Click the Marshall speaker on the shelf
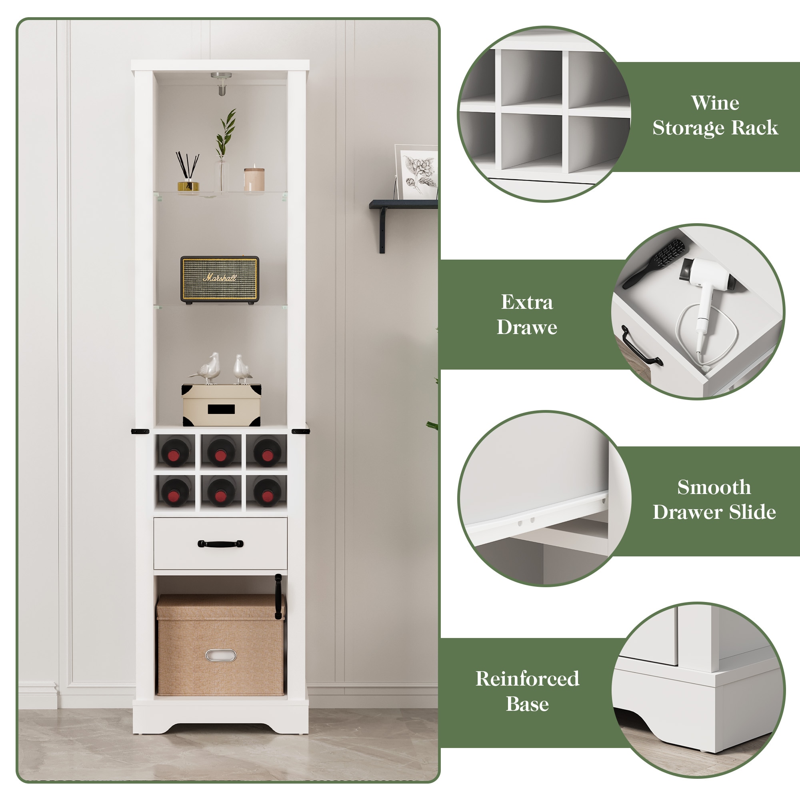point(220,279)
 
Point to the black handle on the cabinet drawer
point(220,544)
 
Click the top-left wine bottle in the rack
point(176,452)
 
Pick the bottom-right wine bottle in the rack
point(267,492)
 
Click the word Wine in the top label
point(715,103)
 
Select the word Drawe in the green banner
point(527,328)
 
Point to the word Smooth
point(714,487)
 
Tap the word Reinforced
point(527,679)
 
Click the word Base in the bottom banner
point(527,704)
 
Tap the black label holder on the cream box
point(221,410)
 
